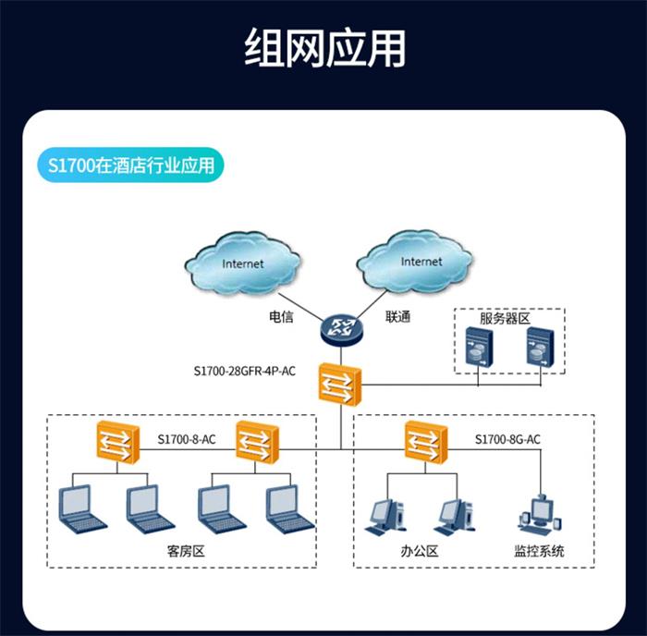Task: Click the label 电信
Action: (x=281, y=316)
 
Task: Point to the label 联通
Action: (x=397, y=316)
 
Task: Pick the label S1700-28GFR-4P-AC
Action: (x=245, y=372)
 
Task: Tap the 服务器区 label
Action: (x=504, y=318)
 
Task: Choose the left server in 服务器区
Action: (x=479, y=349)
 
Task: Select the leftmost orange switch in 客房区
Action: (x=114, y=441)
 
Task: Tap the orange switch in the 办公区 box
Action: (x=425, y=441)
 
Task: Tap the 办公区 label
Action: (x=419, y=552)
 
